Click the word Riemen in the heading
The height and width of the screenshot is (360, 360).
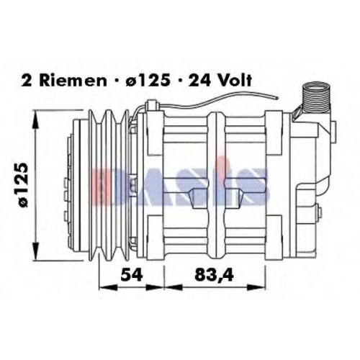tap(73, 81)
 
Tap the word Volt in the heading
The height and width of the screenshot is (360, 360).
tap(232, 81)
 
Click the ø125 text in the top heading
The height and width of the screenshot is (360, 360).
tap(146, 81)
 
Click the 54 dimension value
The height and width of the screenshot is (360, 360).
tap(132, 274)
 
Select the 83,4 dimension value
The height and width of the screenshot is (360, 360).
tap(214, 275)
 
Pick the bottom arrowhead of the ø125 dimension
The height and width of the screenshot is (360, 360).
tap(35, 251)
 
